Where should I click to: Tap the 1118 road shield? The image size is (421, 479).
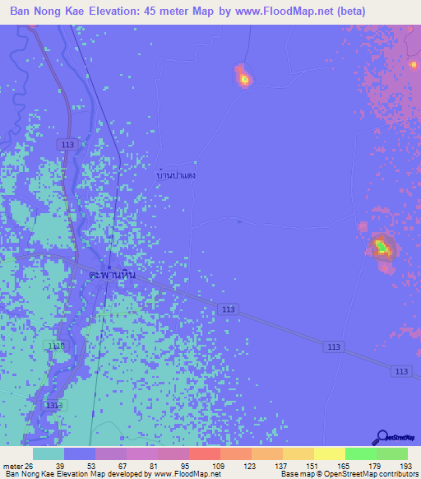point(56,346)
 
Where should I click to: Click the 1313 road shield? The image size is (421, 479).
point(53,406)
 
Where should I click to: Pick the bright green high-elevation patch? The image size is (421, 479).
point(381,245)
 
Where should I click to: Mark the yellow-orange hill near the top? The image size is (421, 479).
point(244,79)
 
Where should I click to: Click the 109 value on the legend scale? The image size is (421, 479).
point(220,465)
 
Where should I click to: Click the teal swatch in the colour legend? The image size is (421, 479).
point(49,453)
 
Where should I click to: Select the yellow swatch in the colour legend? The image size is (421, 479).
point(329,453)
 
